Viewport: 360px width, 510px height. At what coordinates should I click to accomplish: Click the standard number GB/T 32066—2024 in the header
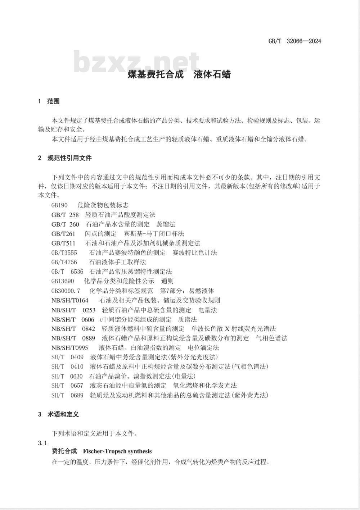click(294, 41)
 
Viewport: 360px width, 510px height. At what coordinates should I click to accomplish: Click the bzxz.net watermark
click(136, 62)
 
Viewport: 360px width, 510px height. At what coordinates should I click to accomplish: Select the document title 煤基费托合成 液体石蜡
click(179, 75)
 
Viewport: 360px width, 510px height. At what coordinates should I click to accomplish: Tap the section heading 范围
click(53, 101)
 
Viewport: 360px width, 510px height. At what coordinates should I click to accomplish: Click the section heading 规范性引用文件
click(69, 158)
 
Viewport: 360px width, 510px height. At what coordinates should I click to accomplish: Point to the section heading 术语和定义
click(63, 414)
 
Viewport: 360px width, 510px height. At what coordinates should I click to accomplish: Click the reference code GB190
click(59, 205)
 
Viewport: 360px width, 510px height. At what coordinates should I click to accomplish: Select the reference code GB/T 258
click(65, 215)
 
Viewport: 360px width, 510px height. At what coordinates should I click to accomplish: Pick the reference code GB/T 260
click(65, 224)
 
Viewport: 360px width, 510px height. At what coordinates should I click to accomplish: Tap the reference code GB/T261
click(63, 234)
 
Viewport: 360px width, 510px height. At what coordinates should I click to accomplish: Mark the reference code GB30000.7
click(66, 291)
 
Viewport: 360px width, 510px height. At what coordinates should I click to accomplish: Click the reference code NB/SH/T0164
click(70, 300)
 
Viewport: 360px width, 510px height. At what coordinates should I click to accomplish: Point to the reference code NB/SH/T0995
click(70, 348)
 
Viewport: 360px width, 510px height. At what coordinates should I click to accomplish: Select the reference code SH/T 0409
click(67, 357)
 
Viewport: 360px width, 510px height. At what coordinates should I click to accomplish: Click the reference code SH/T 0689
click(67, 395)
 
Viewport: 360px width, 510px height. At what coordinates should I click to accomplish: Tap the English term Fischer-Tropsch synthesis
click(117, 451)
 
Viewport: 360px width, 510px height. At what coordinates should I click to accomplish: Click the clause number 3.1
click(42, 443)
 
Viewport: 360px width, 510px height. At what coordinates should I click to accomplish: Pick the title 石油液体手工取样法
click(117, 262)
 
